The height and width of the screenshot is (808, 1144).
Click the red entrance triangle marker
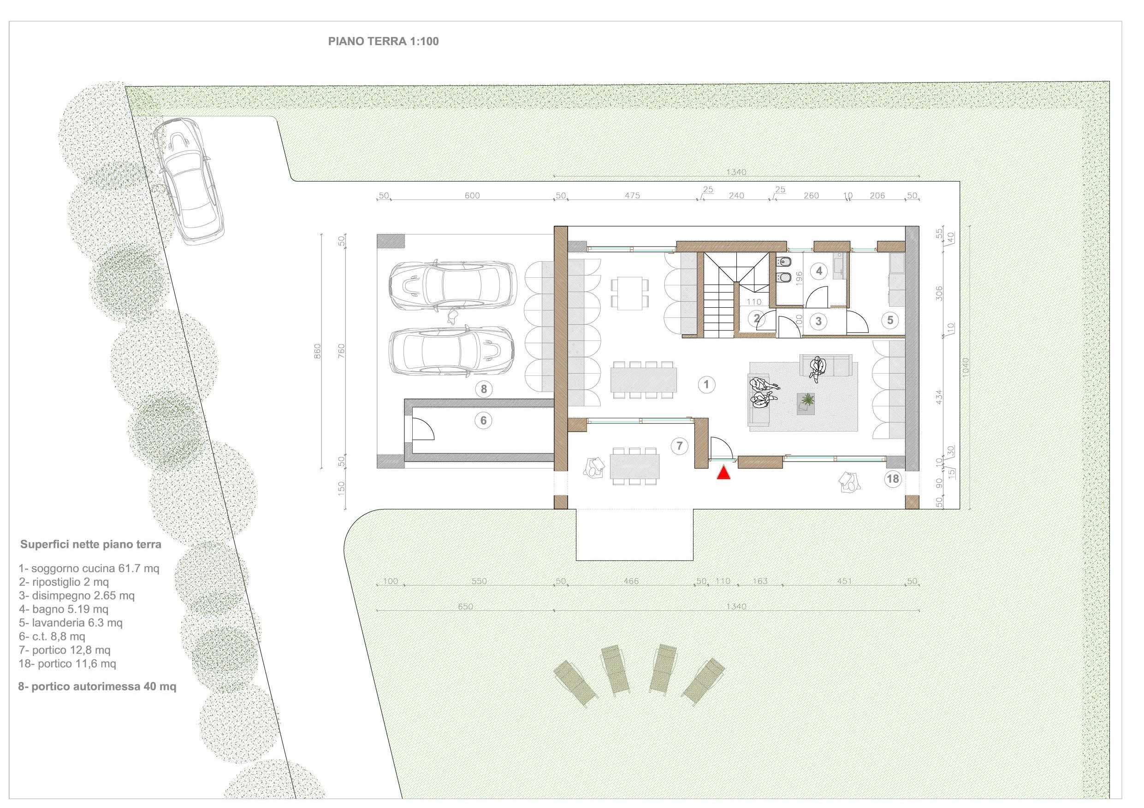click(723, 473)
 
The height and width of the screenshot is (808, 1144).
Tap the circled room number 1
click(706, 384)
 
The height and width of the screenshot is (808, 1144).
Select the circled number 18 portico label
click(893, 479)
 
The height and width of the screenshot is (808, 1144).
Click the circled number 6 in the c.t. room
click(483, 421)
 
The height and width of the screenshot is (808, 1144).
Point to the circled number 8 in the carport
click(484, 389)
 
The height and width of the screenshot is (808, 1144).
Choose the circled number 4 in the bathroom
click(818, 271)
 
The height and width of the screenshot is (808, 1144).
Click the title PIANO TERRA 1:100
click(383, 41)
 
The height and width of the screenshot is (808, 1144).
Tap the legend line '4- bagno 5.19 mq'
click(63, 609)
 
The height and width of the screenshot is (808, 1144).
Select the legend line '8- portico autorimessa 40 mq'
click(97, 686)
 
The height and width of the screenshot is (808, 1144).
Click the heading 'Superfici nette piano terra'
click(91, 545)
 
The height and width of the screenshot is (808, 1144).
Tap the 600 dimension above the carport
click(472, 196)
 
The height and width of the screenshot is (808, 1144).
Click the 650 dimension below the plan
click(465, 606)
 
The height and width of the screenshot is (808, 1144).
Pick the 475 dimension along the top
click(632, 196)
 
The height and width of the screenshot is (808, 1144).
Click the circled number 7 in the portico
click(680, 446)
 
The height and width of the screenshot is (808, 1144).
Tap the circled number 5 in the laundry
click(890, 320)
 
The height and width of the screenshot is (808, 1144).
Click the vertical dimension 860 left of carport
click(318, 351)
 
